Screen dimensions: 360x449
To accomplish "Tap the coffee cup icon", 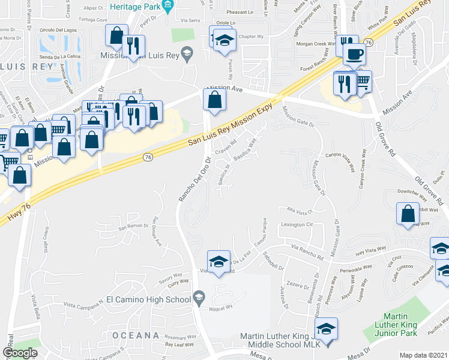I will point(354,54).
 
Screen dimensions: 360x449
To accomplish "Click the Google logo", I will point(20,353).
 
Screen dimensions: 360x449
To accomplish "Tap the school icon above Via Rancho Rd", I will point(218,261).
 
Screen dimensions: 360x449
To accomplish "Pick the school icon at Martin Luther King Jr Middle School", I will point(326,329).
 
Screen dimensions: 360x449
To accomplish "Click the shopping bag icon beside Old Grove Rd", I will point(408,213).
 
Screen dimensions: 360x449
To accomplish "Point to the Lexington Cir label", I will point(298,224).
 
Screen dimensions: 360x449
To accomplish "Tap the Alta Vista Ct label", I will point(301,212).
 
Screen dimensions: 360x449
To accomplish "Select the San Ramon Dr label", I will point(133,227).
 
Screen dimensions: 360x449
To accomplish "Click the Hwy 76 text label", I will point(17,209).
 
